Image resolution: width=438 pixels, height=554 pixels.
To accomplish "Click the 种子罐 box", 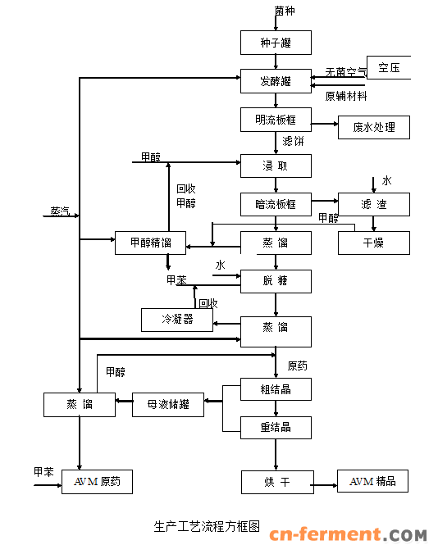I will click(x=276, y=43).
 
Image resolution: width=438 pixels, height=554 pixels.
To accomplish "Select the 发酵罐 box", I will click(x=276, y=81).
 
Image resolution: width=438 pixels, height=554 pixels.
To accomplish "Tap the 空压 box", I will click(x=388, y=67).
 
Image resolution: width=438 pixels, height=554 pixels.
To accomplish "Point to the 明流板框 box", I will click(x=276, y=120).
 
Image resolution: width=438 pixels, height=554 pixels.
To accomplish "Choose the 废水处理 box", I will click(x=373, y=127).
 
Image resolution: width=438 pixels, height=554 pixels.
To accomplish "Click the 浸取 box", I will click(x=276, y=166).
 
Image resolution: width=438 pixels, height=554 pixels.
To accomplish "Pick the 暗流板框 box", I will click(x=276, y=204).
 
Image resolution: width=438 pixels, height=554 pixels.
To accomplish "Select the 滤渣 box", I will click(x=373, y=204).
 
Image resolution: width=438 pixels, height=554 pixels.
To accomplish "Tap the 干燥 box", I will click(x=373, y=243).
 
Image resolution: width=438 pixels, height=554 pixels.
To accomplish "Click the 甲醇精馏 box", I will click(x=150, y=243).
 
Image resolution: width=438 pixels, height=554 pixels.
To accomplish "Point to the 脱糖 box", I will click(x=276, y=281).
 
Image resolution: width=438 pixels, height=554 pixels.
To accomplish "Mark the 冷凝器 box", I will click(x=176, y=319).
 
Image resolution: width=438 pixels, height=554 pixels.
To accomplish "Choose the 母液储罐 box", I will click(x=168, y=404).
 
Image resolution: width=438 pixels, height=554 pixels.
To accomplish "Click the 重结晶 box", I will click(x=276, y=427).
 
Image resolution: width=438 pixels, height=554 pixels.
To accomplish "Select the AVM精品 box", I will click(x=372, y=481).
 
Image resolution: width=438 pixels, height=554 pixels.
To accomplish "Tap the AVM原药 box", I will click(x=97, y=482).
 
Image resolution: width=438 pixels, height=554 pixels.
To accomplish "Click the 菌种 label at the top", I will click(x=284, y=11).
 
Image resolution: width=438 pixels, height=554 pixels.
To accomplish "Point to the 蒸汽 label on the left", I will click(x=60, y=211).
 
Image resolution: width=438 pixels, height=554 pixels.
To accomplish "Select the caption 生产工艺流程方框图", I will click(x=207, y=528).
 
